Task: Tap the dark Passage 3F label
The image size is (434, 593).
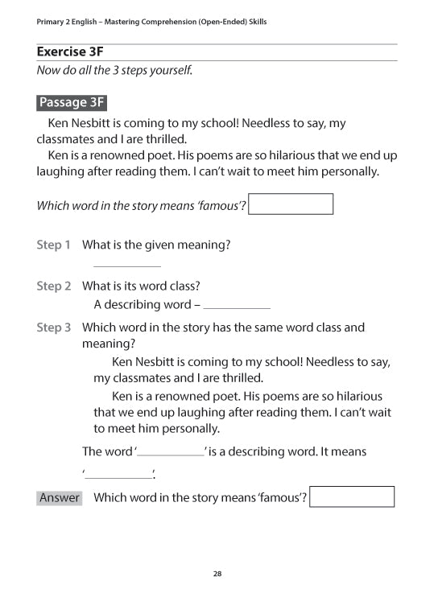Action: pos(72,102)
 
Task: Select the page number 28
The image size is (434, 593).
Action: pos(217,574)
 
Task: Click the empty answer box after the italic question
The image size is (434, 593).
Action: pos(291,204)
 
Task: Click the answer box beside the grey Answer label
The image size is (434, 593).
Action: pos(352,496)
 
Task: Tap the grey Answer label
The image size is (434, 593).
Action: pos(60,497)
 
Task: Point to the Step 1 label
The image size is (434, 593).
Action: pos(54,245)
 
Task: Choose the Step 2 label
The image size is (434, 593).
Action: pos(54,286)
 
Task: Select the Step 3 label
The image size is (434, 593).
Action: pos(54,327)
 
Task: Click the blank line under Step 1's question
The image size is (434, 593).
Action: pos(127,265)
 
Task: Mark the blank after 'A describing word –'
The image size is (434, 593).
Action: pos(237,307)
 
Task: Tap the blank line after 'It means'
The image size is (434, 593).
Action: pos(118,476)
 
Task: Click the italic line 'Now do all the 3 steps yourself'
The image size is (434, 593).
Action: pos(114,70)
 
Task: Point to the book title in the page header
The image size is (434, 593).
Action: pos(151,22)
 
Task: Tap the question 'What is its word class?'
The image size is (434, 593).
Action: pos(141,286)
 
